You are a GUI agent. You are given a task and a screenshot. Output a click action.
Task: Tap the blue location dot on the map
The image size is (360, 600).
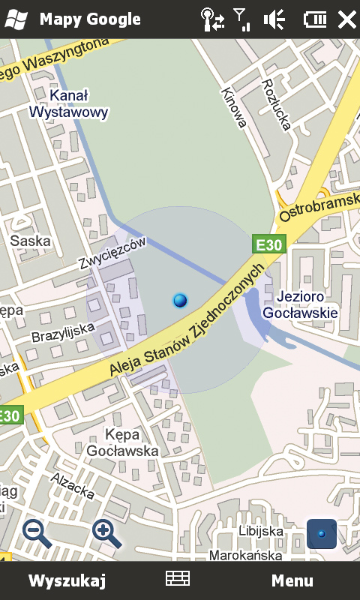180,301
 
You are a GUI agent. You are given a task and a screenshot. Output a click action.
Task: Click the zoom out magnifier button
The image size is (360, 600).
37,532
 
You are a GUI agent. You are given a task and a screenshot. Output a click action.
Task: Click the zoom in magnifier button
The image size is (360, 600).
106,532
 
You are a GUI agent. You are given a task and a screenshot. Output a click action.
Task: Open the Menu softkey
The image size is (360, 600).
292,580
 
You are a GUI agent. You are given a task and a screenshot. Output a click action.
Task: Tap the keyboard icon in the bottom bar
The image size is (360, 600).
178,578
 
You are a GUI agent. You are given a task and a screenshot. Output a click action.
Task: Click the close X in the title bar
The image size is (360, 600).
346,19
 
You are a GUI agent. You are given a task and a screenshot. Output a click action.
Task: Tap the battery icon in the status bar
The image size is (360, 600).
315,19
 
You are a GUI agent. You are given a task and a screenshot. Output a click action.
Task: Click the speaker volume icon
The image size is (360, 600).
274,19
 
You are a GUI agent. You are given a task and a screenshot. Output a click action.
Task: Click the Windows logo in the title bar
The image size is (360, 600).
16,19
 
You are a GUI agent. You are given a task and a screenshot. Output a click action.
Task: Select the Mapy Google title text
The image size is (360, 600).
90,19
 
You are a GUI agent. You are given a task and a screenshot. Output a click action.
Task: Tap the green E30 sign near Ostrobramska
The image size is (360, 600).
268,244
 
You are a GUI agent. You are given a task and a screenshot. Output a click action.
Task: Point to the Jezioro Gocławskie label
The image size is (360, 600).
306,304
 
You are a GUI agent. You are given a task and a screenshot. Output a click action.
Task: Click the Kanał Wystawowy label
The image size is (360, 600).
69,104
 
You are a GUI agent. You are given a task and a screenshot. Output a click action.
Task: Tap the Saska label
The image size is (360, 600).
31,241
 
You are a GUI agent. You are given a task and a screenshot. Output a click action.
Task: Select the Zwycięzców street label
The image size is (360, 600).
112,253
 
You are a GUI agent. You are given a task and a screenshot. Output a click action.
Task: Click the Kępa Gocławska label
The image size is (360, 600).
122,442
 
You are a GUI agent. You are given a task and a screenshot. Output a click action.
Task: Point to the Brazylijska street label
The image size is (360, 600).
63,331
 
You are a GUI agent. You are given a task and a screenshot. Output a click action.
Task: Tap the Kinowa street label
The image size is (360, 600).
234,107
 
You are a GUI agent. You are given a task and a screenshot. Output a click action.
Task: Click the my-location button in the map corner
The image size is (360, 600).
322,533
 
